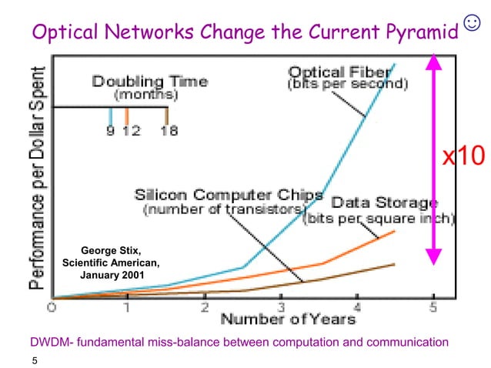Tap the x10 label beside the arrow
[x=463, y=156]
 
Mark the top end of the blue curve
[x=395, y=64]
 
